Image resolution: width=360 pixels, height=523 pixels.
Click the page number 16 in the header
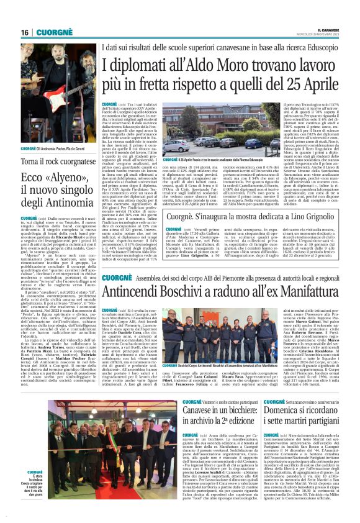[x=25, y=32]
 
